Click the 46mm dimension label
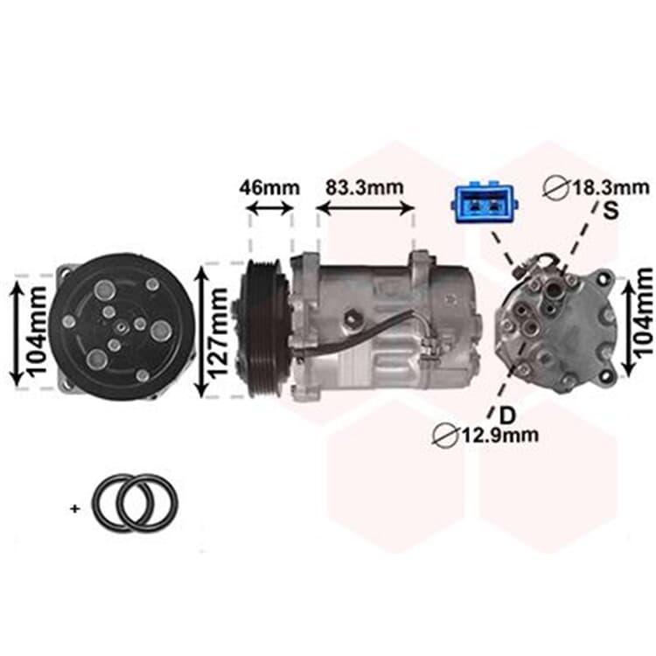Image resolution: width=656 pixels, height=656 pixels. pyautogui.click(x=269, y=188)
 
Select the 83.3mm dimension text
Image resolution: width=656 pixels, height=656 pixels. pyautogui.click(x=365, y=187)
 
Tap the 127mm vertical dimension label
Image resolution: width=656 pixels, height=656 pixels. pyautogui.click(x=219, y=333)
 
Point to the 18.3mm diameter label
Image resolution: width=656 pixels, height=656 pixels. pyautogui.click(x=611, y=188)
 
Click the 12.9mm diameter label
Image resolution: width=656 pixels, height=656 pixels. pyautogui.click(x=500, y=435)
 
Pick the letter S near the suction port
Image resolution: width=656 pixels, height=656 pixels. pyautogui.click(x=611, y=211)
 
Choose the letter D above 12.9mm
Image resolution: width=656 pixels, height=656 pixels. pyautogui.click(x=507, y=415)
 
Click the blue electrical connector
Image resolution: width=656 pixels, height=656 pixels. pyautogui.click(x=484, y=203)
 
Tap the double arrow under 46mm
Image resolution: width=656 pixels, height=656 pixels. pyautogui.click(x=270, y=208)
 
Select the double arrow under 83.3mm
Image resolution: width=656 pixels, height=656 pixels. pyautogui.click(x=366, y=208)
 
